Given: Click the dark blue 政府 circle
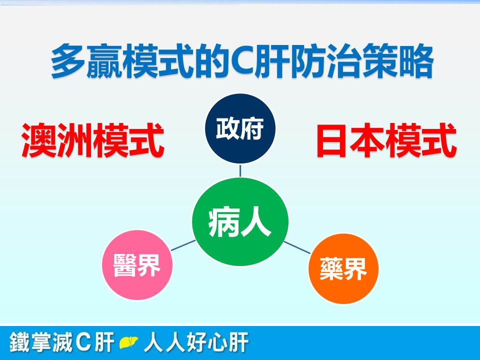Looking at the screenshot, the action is [x=240, y=128].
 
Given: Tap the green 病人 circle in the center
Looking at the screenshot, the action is [x=240, y=221].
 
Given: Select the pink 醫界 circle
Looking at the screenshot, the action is [x=137, y=265].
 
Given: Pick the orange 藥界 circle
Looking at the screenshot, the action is [x=343, y=269].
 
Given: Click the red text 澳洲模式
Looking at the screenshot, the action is [x=93, y=140].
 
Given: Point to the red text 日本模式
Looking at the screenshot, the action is [x=386, y=140].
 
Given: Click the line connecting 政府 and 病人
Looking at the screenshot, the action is [x=240, y=171].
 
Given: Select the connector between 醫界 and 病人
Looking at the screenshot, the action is [x=183, y=245].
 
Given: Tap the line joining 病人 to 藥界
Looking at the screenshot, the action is [x=297, y=247].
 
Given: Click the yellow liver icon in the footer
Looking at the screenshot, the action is [x=128, y=342].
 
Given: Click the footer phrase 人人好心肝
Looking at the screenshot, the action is [x=196, y=342].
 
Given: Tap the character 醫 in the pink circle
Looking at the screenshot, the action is [x=125, y=265].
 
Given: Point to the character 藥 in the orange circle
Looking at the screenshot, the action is [x=331, y=269].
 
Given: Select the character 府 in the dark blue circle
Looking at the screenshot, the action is [x=251, y=128].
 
